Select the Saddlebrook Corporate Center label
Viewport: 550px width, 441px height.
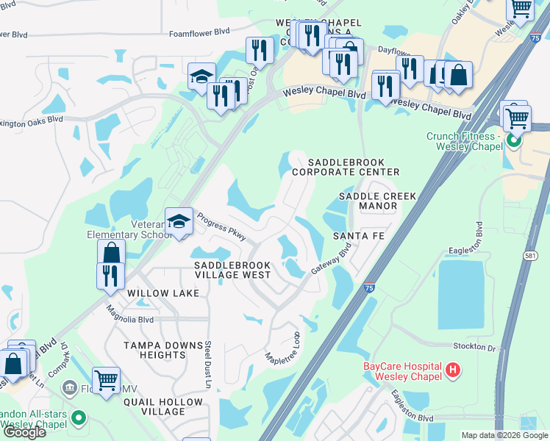click(x=345, y=167)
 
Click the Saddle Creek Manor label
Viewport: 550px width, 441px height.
click(x=377, y=201)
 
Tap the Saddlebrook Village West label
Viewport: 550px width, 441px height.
click(x=232, y=270)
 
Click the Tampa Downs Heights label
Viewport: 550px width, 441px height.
click(x=162, y=350)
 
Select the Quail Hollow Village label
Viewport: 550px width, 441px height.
click(x=162, y=406)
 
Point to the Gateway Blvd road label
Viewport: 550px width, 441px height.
click(x=332, y=259)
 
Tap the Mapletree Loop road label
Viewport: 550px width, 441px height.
click(x=283, y=345)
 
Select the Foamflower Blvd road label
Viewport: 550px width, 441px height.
click(x=199, y=32)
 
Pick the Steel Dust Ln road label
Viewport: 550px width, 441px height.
click(x=207, y=363)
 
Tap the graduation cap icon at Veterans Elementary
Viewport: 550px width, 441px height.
click(x=179, y=220)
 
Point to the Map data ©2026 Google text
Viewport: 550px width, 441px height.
click(x=504, y=435)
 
